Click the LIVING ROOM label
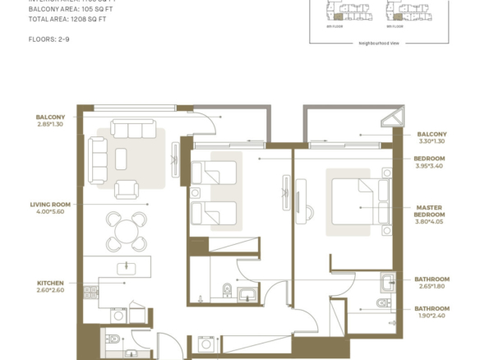(x=50, y=204)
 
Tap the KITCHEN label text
(x=51, y=282)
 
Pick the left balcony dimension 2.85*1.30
(x=51, y=123)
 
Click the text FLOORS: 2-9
(x=49, y=39)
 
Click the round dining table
(x=126, y=231)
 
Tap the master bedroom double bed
(x=360, y=201)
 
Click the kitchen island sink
(x=126, y=266)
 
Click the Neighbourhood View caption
(x=378, y=43)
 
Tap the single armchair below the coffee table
(x=126, y=189)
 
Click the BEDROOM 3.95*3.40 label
(x=429, y=162)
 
